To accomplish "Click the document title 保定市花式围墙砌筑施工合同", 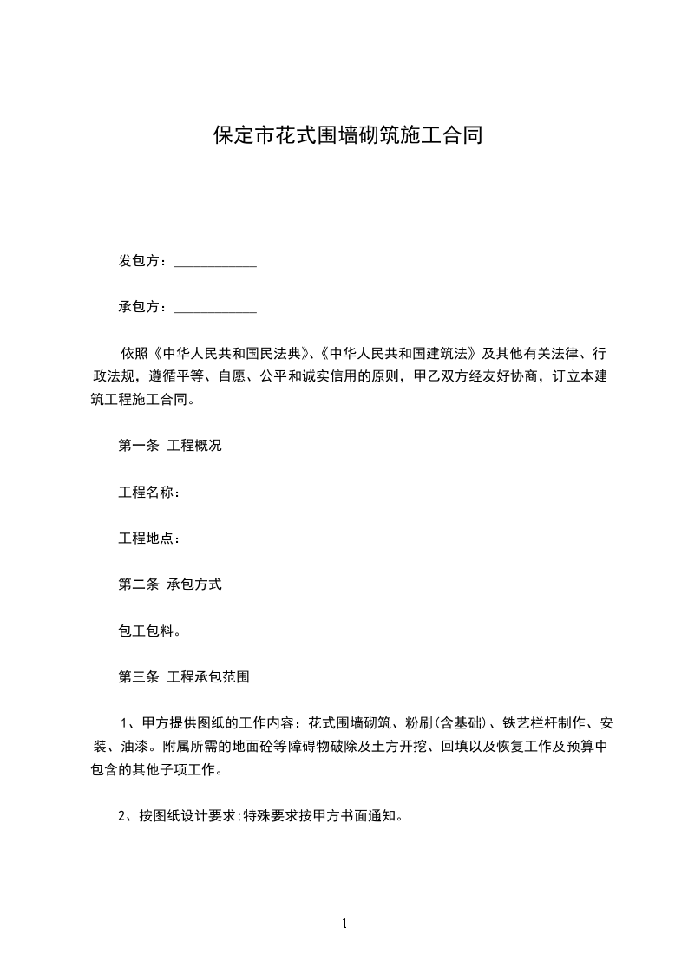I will pos(347,135).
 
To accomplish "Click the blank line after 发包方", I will pos(215,264).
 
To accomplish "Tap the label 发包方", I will pos(142,261).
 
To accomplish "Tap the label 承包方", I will pos(142,307).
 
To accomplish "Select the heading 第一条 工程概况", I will pos(170,446).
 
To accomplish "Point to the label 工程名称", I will pos(147,493).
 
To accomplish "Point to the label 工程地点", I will pos(147,539).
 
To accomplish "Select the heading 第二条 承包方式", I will pos(170,584).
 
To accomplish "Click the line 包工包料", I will pos(149,630).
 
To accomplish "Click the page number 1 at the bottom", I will pos(344,924).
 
